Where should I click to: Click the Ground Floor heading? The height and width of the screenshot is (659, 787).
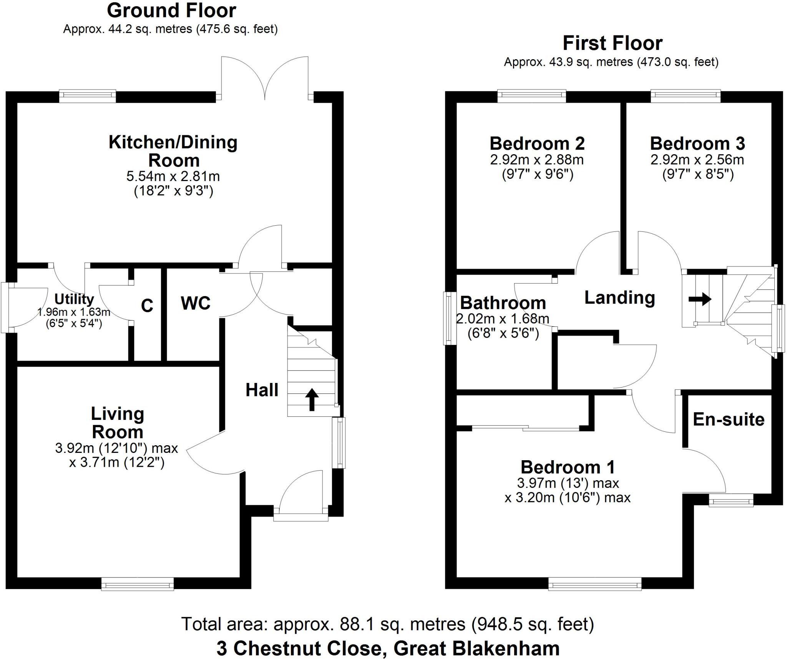pos(171,11)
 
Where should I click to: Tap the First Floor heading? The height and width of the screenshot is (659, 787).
pos(612,43)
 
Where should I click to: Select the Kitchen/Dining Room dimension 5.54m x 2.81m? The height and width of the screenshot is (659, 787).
pos(173,176)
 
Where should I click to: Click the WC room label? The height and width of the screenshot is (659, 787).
pos(196,303)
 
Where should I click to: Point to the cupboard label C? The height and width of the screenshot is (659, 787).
pos(147,306)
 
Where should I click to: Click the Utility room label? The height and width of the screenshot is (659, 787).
pos(74,299)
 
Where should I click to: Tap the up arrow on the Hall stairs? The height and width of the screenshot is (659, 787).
pos(312,399)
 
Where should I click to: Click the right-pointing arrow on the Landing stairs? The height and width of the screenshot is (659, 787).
pos(700,299)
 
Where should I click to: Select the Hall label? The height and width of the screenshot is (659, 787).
pos(262,390)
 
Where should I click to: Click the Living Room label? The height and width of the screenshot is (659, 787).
pos(118,423)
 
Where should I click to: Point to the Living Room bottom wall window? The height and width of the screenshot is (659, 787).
pos(137,585)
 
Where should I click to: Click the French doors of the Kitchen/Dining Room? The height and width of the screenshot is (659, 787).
pos(265,79)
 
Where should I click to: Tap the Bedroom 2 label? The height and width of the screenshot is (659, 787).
pos(537,144)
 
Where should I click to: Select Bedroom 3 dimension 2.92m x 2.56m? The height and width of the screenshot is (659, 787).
pos(697,160)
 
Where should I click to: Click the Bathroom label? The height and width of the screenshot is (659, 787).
pos(503,303)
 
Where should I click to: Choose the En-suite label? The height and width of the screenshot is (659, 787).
pos(729,419)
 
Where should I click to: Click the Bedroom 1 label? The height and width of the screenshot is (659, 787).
pos(568,468)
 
